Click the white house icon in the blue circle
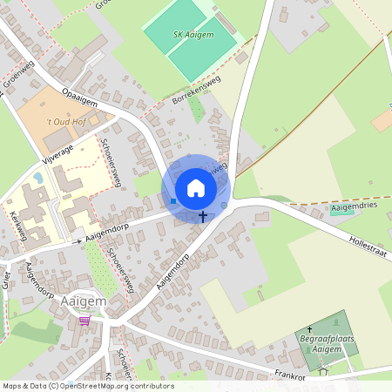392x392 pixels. point(196,188)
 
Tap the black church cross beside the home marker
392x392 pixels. point(204,216)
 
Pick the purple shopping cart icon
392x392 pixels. point(84,321)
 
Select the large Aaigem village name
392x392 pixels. point(84,301)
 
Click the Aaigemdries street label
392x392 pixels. point(357,209)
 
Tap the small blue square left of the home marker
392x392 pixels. point(173,202)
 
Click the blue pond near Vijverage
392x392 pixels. point(37,178)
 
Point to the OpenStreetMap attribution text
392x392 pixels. point(88,385)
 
